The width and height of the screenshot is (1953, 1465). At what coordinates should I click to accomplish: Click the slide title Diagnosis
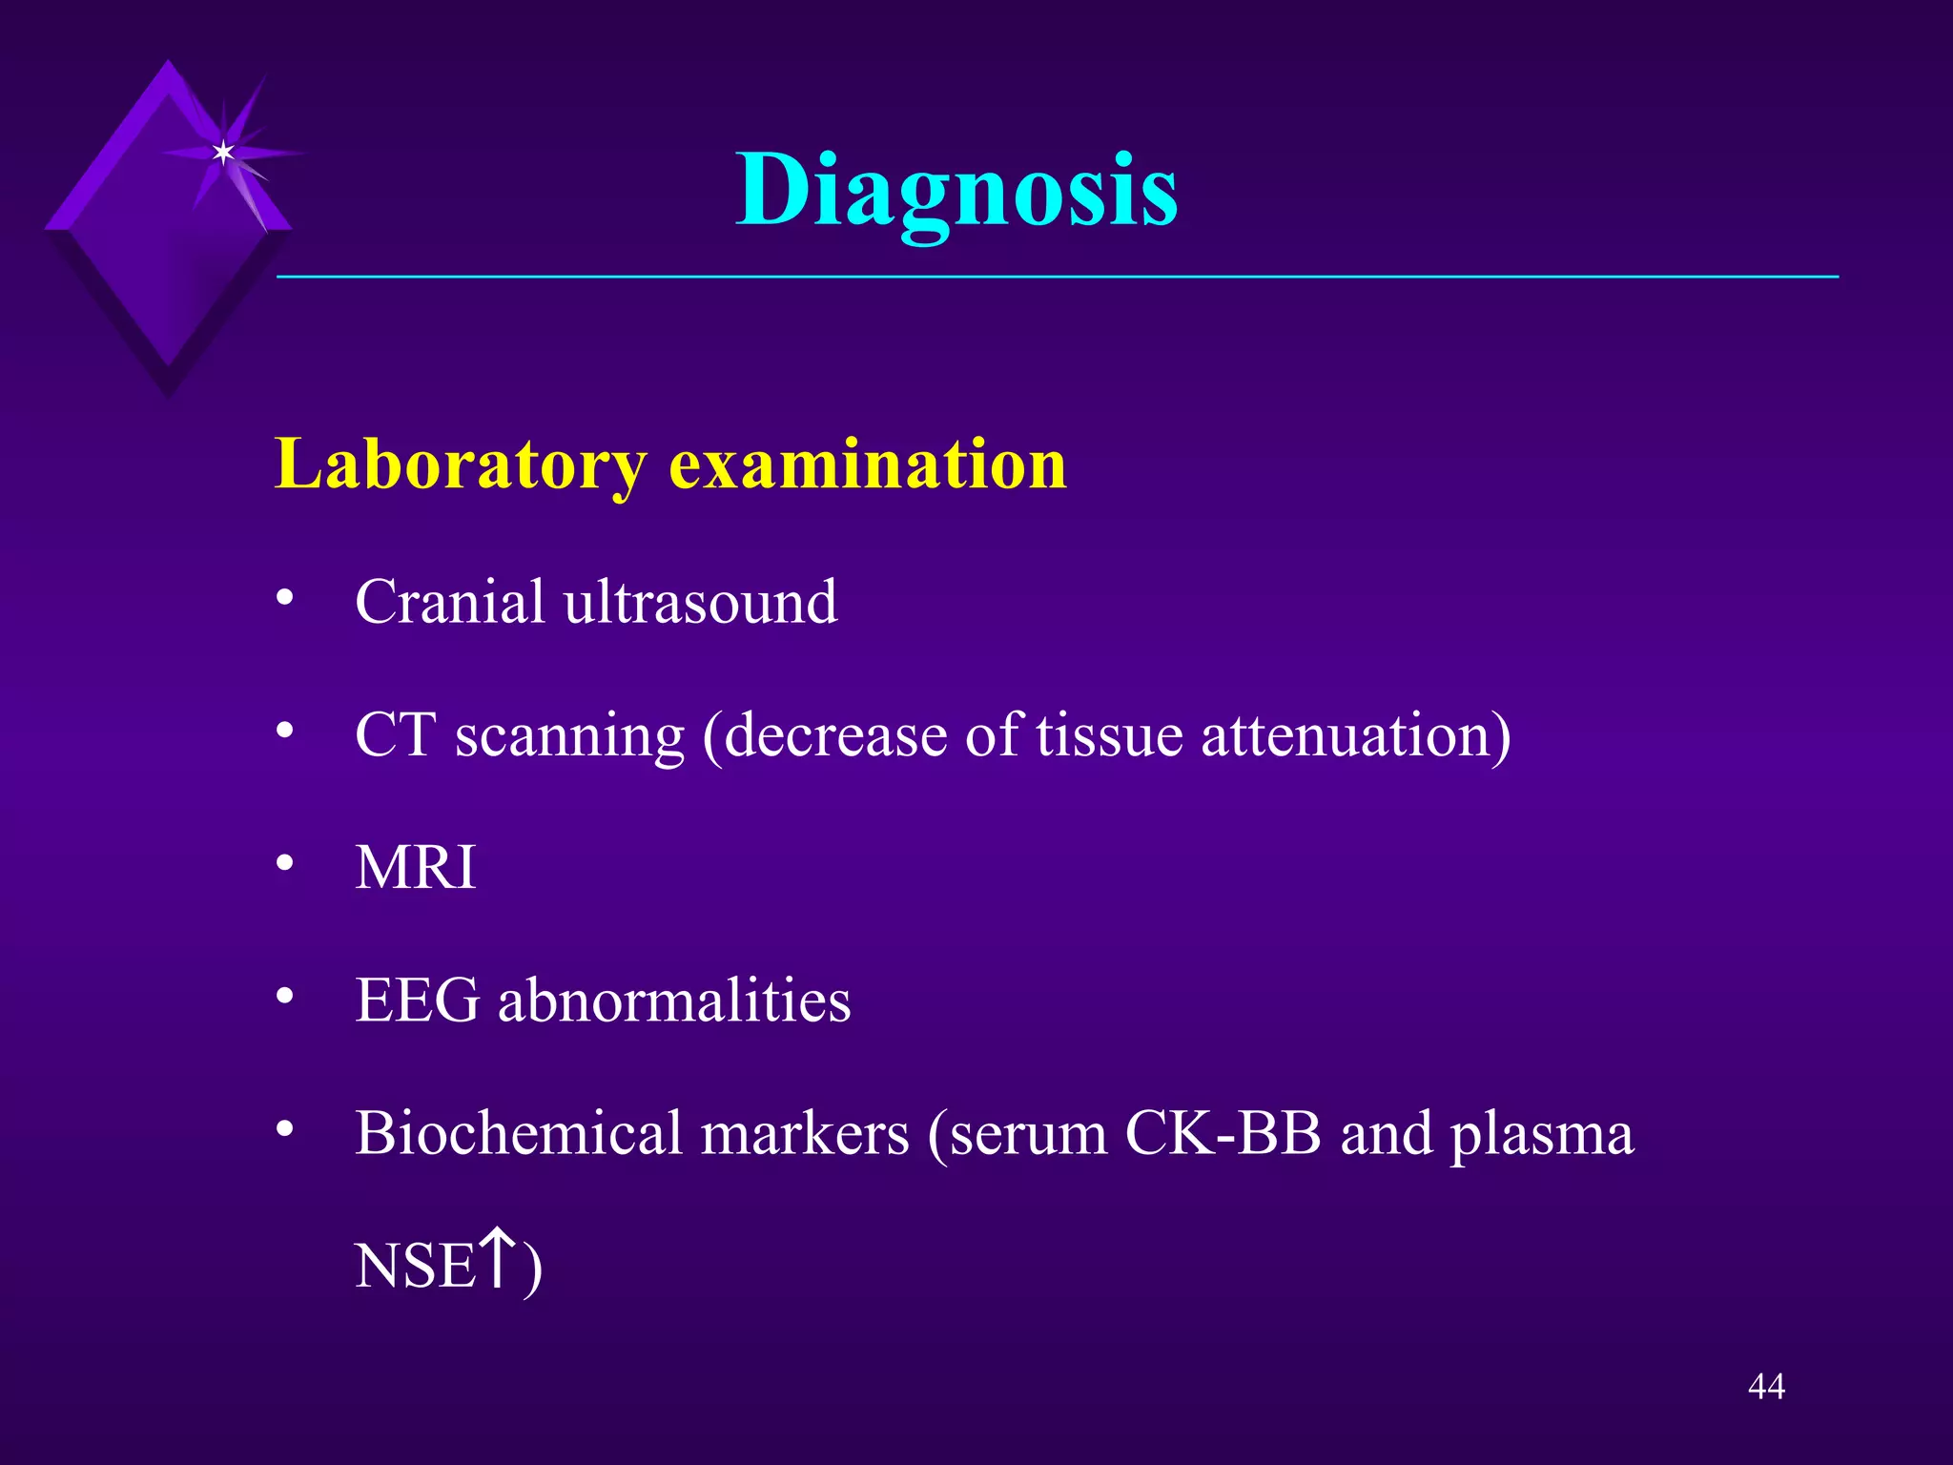[x=956, y=191]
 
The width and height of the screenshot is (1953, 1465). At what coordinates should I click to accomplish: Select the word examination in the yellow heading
[x=867, y=464]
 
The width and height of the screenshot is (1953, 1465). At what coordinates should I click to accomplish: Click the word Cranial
[x=450, y=602]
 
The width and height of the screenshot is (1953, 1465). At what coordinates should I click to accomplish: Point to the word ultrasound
[x=700, y=602]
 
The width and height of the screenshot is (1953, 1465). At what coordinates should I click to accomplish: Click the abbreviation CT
[x=395, y=735]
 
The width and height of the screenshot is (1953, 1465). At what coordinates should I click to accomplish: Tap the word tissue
[x=1108, y=735]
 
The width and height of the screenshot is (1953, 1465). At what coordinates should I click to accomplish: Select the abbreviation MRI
[x=416, y=868]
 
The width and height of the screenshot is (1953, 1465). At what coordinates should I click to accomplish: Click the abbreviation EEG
[x=417, y=1001]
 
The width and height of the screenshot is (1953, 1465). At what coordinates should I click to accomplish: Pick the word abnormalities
[x=674, y=1001]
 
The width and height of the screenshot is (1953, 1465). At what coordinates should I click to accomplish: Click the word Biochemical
[x=519, y=1134]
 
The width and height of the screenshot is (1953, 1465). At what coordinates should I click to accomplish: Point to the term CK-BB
[x=1223, y=1134]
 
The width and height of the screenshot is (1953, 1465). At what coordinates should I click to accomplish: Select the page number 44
[x=1766, y=1386]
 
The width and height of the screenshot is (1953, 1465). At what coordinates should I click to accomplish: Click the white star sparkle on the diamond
[x=223, y=153]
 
